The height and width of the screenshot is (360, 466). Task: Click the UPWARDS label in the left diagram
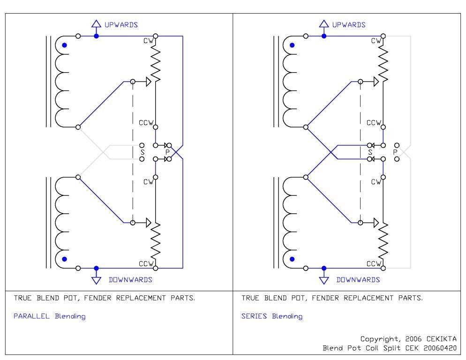(120, 24)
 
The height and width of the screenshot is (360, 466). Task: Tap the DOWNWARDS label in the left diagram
(130, 280)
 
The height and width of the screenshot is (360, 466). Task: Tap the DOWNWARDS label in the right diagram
(358, 280)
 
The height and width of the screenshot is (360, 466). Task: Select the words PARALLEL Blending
(49, 316)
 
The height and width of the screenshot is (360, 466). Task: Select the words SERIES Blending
(272, 316)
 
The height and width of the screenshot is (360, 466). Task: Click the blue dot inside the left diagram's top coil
(65, 45)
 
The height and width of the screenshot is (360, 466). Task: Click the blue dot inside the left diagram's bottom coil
(65, 258)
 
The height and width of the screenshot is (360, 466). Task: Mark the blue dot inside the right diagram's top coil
(292, 45)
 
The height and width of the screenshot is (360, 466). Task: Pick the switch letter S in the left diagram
(143, 152)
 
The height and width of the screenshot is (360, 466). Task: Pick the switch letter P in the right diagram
(395, 152)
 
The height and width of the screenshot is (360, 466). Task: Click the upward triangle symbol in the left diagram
(96, 23)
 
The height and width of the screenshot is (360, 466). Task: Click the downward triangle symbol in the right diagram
(323, 280)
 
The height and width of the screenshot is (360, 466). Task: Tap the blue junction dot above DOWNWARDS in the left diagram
(96, 268)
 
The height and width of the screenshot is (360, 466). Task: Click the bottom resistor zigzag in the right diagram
(383, 239)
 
